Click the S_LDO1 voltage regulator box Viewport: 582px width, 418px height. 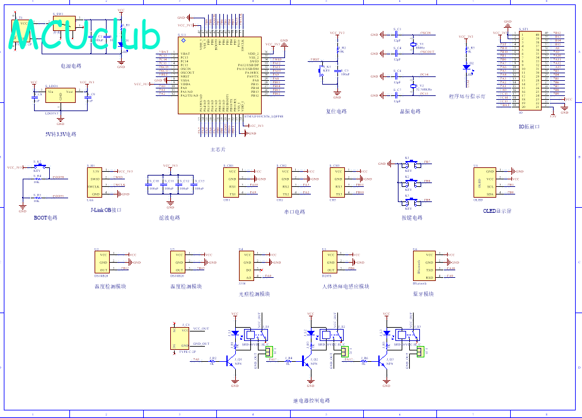click(x=61, y=95)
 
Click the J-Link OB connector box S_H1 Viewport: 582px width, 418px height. click(x=95, y=182)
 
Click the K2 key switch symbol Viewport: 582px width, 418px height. click(x=408, y=184)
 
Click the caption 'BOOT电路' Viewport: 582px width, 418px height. click(x=45, y=218)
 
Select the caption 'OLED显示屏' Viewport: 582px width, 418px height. click(x=498, y=212)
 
